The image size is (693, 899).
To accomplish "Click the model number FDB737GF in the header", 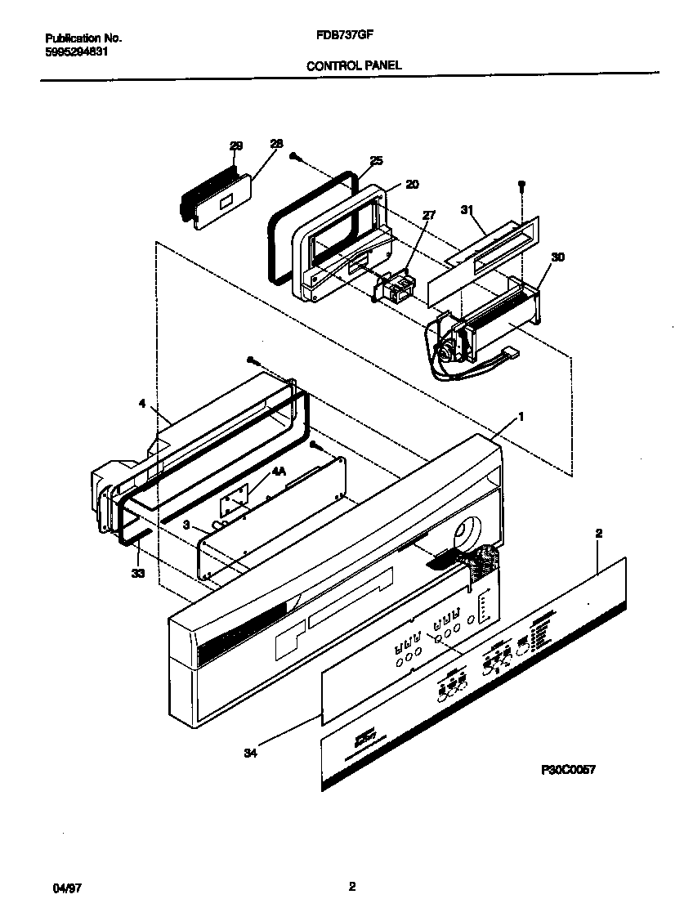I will pyautogui.click(x=346, y=38).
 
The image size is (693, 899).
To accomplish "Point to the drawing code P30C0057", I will pyautogui.click(x=567, y=769).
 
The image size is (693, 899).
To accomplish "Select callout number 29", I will pyautogui.click(x=236, y=145).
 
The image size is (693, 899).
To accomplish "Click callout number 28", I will pyautogui.click(x=276, y=144).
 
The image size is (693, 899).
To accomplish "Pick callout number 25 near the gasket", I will pyautogui.click(x=376, y=161).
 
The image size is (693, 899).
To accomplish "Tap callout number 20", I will pyautogui.click(x=412, y=185).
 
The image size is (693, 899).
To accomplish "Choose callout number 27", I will pyautogui.click(x=429, y=215).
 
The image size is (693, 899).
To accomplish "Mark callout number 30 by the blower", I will pyautogui.click(x=558, y=257).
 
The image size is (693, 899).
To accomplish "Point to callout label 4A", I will pyautogui.click(x=279, y=472).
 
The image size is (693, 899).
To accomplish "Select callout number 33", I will pyautogui.click(x=137, y=574).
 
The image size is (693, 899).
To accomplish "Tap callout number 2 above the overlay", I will pyautogui.click(x=598, y=533).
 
